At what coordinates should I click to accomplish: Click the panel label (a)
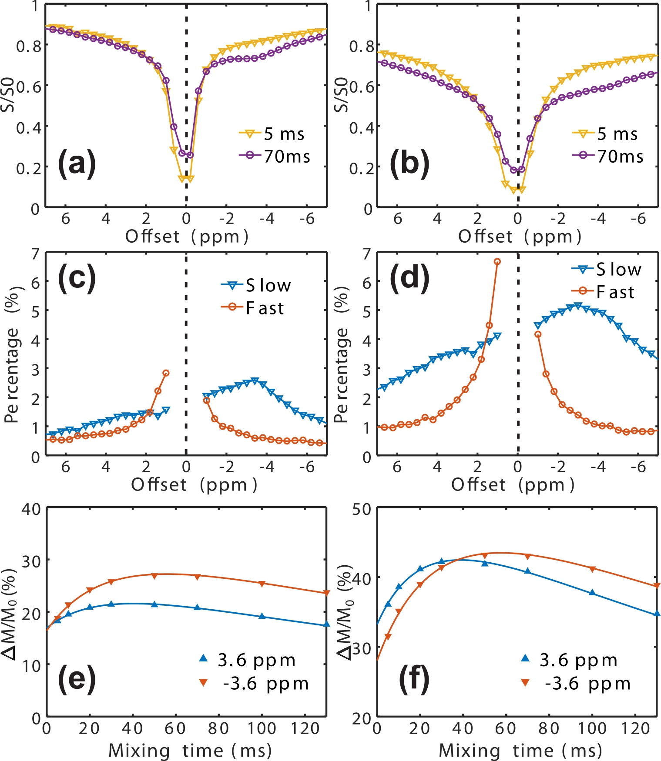(77, 164)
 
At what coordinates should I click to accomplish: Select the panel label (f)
(414, 679)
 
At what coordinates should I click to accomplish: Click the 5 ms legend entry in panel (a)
(272, 134)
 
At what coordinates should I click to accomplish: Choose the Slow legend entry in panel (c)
(256, 286)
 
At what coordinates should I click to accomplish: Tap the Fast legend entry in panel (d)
(603, 292)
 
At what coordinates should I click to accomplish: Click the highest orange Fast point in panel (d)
(497, 261)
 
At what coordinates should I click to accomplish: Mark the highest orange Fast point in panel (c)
(166, 373)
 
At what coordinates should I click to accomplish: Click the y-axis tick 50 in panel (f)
(362, 509)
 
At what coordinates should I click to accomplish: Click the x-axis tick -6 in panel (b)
(638, 218)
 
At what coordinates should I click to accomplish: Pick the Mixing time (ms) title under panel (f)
(520, 751)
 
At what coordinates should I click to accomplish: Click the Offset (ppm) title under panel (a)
(187, 237)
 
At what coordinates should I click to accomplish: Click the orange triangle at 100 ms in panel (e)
(262, 584)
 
